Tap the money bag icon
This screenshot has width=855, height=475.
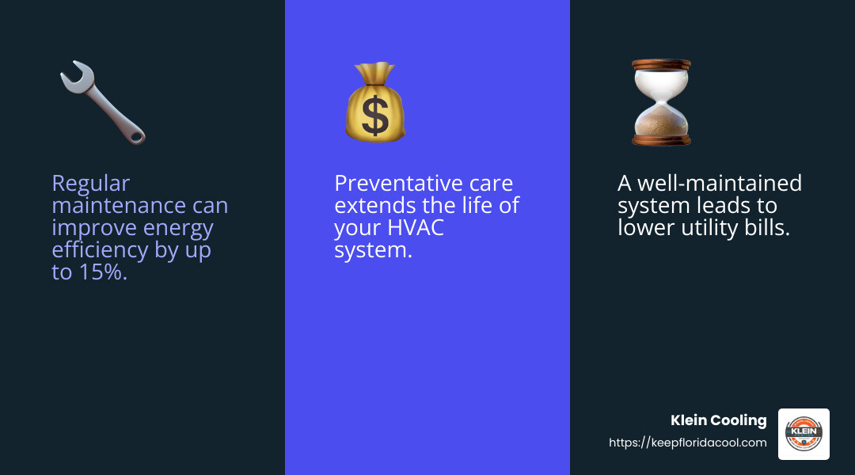tap(374, 103)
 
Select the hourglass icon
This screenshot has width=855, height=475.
tap(661, 101)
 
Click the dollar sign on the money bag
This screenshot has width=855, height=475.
tap(375, 113)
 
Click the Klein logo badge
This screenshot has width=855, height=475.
tap(804, 434)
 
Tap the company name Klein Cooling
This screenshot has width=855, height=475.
tap(719, 420)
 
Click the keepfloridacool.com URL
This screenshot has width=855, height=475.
tap(687, 443)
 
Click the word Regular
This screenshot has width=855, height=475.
tap(90, 183)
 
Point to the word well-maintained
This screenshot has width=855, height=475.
tap(722, 183)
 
